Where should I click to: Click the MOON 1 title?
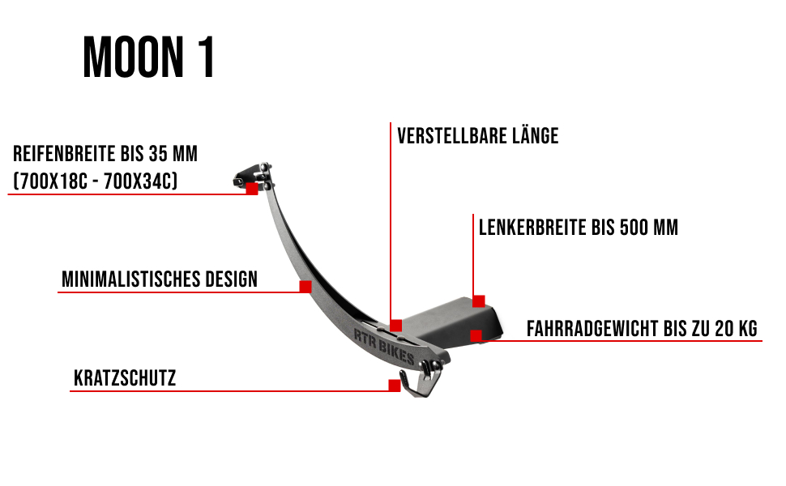coord(149,58)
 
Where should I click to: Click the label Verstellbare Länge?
coord(477,135)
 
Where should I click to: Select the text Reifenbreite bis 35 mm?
coord(105,154)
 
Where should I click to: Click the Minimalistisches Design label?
coord(160,279)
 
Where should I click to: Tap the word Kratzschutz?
coord(125,378)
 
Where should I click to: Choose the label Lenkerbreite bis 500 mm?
coord(578,228)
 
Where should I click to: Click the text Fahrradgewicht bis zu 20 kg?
coord(642,329)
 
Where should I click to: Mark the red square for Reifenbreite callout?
coord(252,189)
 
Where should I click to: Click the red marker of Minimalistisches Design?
coord(305,287)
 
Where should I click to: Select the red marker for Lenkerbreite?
coord(479,301)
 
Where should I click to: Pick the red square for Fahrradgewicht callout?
coord(476,335)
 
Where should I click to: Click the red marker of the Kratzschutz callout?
coord(395,386)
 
